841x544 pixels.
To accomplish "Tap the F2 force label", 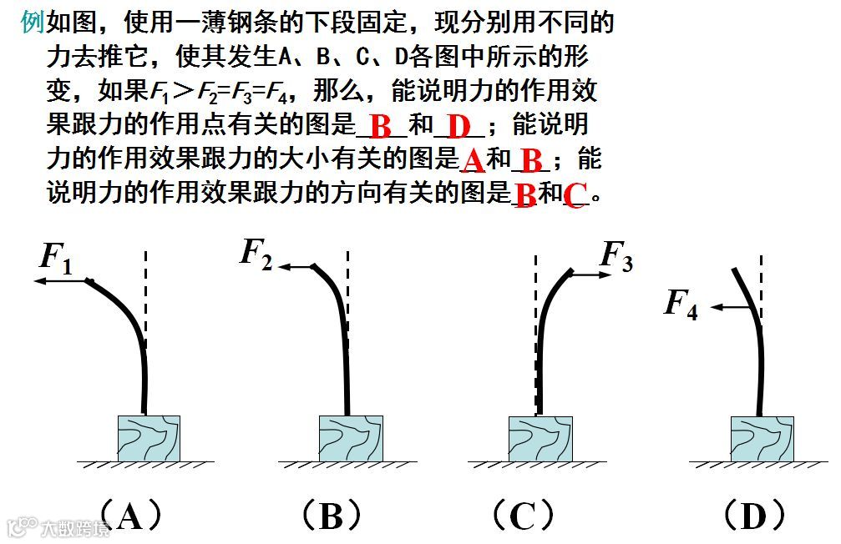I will pos(256,252).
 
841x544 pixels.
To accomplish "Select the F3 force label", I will pos(616,255).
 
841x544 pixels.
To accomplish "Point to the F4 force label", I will pos(681,304).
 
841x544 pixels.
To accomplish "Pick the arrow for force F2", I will pos(296,267).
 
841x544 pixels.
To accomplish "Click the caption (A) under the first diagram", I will pos(129,516).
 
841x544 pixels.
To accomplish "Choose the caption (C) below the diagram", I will pos(521,516).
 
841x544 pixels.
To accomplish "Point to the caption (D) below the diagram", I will pos(752,516).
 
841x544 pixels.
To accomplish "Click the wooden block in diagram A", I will pos(149,437).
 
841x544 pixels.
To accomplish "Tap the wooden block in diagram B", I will pos(351,437).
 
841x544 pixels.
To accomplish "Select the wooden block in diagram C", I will pos(540,437).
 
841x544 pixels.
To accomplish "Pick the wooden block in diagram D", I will pos(762,437).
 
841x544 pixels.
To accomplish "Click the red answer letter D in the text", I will pos(459,128).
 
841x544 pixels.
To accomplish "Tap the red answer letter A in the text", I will pos(473,160).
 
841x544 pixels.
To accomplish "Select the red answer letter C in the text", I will pos(574,195).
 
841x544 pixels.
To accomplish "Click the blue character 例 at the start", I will pos(32,23).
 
